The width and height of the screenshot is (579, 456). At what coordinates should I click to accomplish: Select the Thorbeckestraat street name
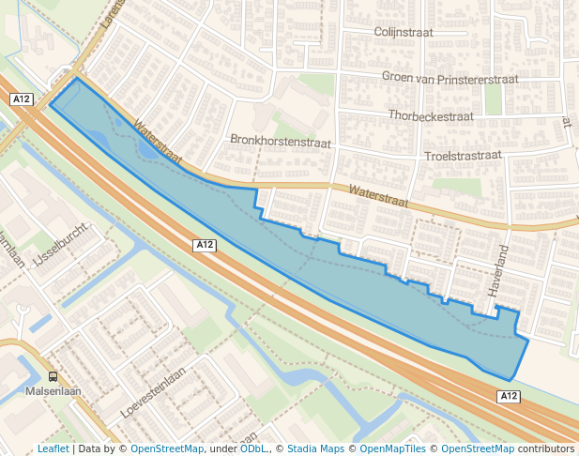pyautogui.click(x=430, y=116)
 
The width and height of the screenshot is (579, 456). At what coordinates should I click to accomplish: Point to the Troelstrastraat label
pyautogui.click(x=463, y=155)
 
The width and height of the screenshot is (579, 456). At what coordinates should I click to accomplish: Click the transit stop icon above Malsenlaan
pyautogui.click(x=53, y=375)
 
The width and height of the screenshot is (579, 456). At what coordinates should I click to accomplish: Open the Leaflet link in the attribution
pyautogui.click(x=53, y=449)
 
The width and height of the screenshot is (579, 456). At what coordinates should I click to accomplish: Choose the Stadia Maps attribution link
pyautogui.click(x=315, y=449)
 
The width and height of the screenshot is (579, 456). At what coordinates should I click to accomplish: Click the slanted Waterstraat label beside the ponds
pyautogui.click(x=157, y=138)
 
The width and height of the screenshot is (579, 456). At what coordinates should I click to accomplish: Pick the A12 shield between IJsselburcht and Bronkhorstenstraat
pyautogui.click(x=206, y=245)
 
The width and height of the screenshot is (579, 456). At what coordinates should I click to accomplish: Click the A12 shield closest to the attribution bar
pyautogui.click(x=508, y=397)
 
